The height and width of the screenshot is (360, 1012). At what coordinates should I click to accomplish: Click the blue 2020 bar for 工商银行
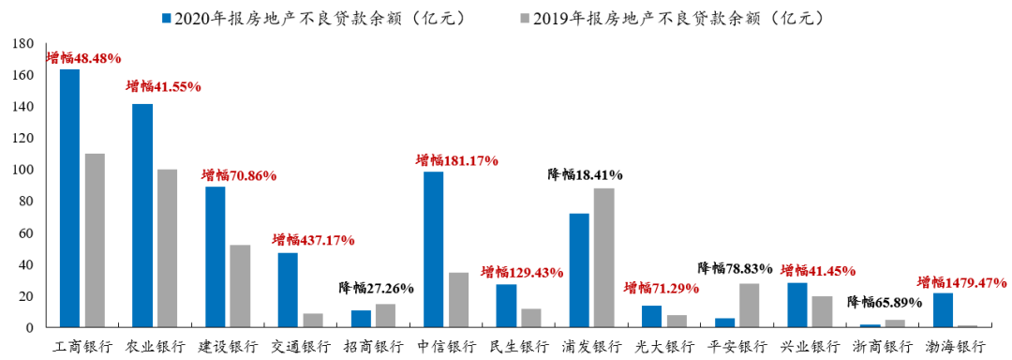[x=69, y=199]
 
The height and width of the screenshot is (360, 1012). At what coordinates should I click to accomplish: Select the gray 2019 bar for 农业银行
[x=167, y=248]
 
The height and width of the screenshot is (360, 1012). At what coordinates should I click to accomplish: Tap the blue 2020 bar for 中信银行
[x=434, y=249]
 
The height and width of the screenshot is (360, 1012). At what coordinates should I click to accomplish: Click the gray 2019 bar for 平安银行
[x=750, y=306]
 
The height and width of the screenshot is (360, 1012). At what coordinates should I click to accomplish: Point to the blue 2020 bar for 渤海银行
[x=944, y=310]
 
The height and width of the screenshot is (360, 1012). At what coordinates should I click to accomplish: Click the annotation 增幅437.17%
[x=313, y=240]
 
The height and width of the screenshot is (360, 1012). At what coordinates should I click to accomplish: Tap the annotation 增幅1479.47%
[x=961, y=281]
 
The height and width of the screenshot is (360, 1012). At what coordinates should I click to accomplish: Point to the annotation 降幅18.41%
[x=586, y=174]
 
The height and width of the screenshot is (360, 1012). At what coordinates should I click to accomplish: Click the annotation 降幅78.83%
[x=735, y=269]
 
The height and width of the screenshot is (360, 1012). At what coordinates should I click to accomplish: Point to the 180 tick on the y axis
[x=25, y=44]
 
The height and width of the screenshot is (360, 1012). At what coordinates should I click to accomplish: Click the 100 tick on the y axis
[x=25, y=170]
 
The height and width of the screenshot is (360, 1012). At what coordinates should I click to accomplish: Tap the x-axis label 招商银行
[x=372, y=347]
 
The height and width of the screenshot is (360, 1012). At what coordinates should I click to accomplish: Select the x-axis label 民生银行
[x=517, y=347]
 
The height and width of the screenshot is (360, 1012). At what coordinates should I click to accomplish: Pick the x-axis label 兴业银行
[x=808, y=347]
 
